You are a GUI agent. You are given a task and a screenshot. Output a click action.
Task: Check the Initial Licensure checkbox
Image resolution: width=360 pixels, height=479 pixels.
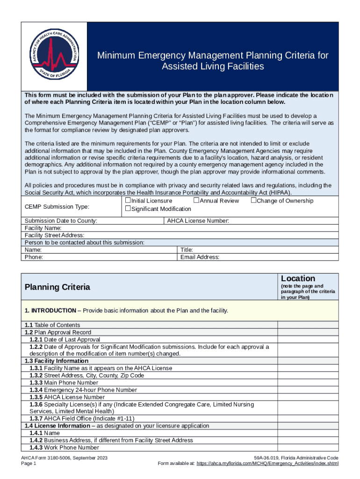coord(128,201)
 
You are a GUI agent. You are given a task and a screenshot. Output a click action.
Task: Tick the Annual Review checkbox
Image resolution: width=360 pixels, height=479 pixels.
coord(196,201)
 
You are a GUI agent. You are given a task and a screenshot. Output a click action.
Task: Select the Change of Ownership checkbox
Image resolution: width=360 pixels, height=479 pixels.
coord(253,201)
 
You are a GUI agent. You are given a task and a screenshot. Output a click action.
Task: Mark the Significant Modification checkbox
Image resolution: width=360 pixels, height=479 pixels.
coord(128,209)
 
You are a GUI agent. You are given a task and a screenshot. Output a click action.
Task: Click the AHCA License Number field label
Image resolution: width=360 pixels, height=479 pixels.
coord(198,221)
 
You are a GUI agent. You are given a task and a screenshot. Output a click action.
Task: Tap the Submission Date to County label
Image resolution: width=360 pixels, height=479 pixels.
coord(61,221)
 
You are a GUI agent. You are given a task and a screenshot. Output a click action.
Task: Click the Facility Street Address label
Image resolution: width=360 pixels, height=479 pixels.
coord(54,235)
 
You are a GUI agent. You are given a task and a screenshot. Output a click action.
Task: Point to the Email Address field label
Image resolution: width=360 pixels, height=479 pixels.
coord(200,257)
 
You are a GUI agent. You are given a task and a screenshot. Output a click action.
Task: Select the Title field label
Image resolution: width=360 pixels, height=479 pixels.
coord(187,250)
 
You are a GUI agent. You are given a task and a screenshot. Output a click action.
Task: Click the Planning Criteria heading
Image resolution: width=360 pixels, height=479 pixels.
coord(58,287)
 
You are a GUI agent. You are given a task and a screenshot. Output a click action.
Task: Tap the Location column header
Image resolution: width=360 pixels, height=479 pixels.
coord(298,278)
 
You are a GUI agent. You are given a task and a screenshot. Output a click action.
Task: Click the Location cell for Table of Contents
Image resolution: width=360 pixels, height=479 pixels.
coord(308,325)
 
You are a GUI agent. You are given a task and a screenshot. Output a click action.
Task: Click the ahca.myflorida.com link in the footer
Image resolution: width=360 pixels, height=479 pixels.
coord(267,464)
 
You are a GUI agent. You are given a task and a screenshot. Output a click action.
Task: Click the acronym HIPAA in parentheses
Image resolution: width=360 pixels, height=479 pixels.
coord(279,193)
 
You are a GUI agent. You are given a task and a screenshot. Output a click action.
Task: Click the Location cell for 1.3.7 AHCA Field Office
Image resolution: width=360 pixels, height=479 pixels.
coord(308,419)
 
